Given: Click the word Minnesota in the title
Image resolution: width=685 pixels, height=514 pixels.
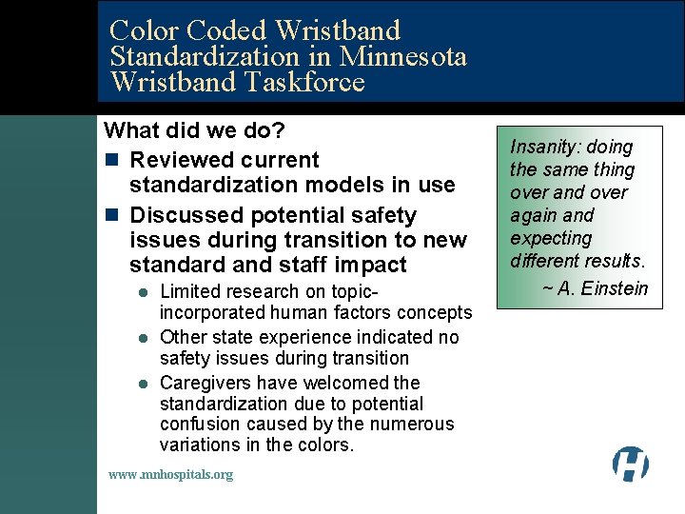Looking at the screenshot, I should [x=403, y=57].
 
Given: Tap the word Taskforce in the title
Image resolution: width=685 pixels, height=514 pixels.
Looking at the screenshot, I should [x=304, y=82].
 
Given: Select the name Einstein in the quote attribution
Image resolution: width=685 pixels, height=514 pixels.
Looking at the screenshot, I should [x=616, y=288].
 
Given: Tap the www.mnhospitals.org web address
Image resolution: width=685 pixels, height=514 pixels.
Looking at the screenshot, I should [x=170, y=474].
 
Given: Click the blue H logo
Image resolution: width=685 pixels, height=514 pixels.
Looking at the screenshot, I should [x=630, y=464].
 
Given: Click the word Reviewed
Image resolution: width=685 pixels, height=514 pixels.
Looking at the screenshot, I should [x=176, y=159].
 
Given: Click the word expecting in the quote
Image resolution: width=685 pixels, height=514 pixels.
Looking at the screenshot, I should [x=551, y=238].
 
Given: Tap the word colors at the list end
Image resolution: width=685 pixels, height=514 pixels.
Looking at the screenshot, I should [x=326, y=445].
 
